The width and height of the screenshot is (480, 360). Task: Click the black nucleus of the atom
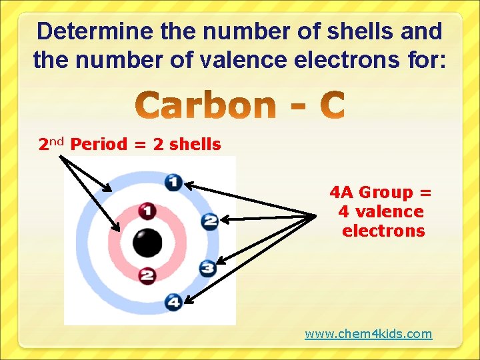pyautogui.click(x=147, y=243)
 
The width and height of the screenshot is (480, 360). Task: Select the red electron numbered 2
pyautogui.click(x=147, y=275)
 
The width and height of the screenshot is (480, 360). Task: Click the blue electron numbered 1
pyautogui.click(x=173, y=181)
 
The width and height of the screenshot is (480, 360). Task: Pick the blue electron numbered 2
pyautogui.click(x=209, y=220)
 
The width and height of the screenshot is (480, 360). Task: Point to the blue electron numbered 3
pyautogui.click(x=207, y=268)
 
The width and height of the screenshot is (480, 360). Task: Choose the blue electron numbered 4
pyautogui.click(x=173, y=302)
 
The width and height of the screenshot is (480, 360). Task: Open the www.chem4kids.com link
pyautogui.click(x=368, y=333)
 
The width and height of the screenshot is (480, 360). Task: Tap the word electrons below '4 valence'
pyautogui.click(x=383, y=231)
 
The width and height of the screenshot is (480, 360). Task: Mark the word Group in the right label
pyautogui.click(x=386, y=193)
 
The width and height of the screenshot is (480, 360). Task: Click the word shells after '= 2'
pyautogui.click(x=195, y=144)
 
